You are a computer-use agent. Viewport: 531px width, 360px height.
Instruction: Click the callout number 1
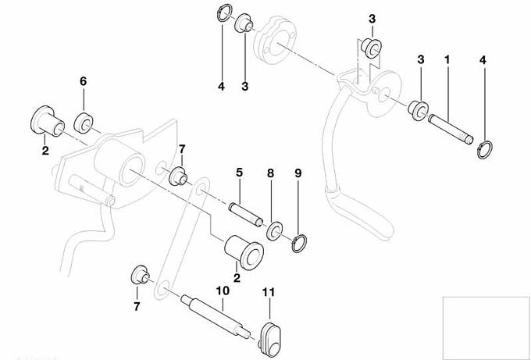[x=447, y=59]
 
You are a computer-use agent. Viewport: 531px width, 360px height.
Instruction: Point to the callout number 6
[x=83, y=81]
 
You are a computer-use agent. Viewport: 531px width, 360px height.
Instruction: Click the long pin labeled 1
[x=449, y=126]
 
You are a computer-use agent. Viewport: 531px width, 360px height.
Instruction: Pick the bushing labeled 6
[x=84, y=123]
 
